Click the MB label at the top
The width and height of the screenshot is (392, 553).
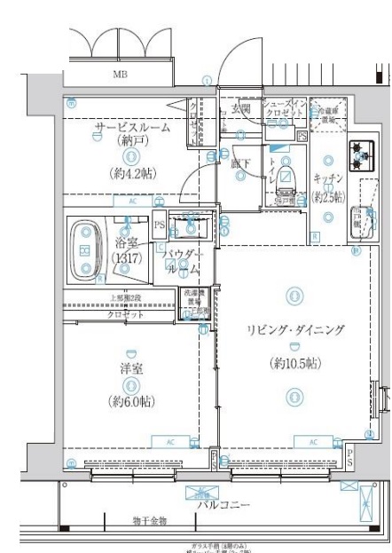click(x=119, y=76)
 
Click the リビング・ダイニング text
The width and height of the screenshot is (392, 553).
click(x=294, y=329)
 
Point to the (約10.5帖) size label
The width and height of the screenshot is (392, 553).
click(x=294, y=364)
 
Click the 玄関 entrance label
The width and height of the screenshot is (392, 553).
click(x=241, y=109)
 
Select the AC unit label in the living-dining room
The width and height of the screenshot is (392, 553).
click(x=314, y=441)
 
